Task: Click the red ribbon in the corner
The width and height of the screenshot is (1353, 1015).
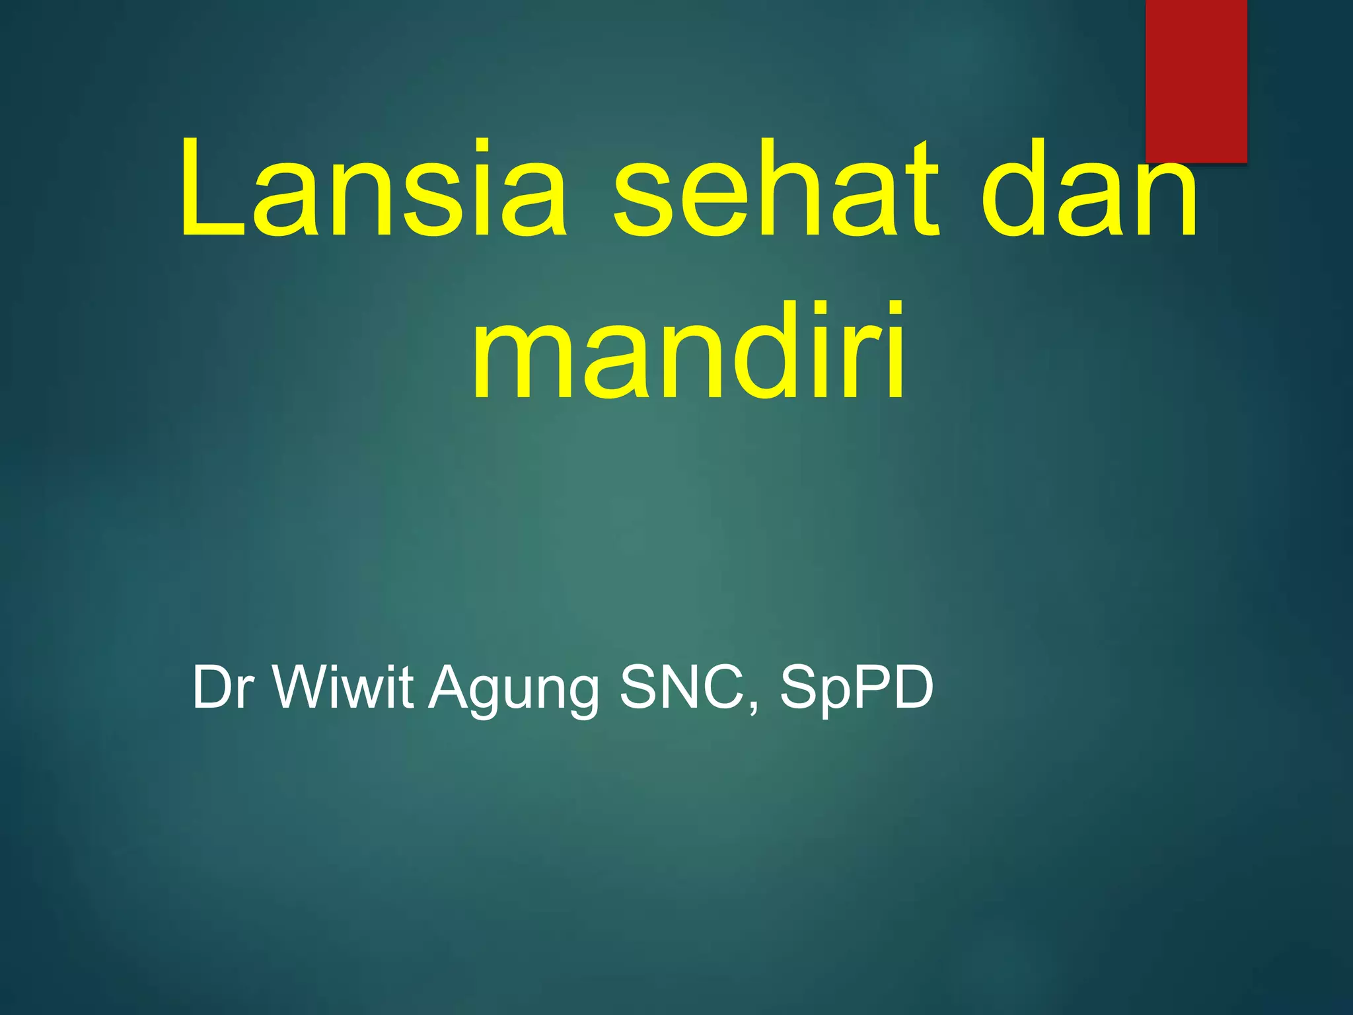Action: tap(1196, 79)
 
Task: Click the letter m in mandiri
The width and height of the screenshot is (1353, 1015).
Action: tap(522, 363)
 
